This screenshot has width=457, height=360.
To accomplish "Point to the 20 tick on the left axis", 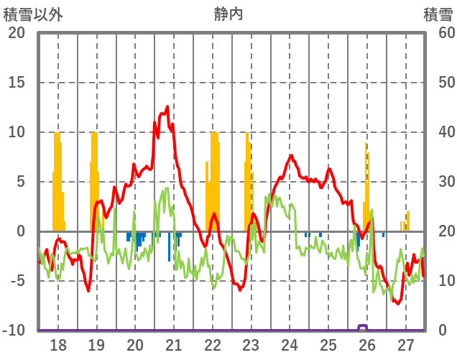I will (16, 33).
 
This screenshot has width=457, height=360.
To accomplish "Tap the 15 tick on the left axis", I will (16, 83).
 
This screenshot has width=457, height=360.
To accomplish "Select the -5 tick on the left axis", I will (16, 281).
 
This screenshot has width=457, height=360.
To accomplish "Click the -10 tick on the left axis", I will (14, 331).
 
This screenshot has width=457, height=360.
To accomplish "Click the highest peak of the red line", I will (167, 107).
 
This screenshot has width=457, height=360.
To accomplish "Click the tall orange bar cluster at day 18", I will (57, 180).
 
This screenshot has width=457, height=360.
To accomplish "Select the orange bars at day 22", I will (213, 180).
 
